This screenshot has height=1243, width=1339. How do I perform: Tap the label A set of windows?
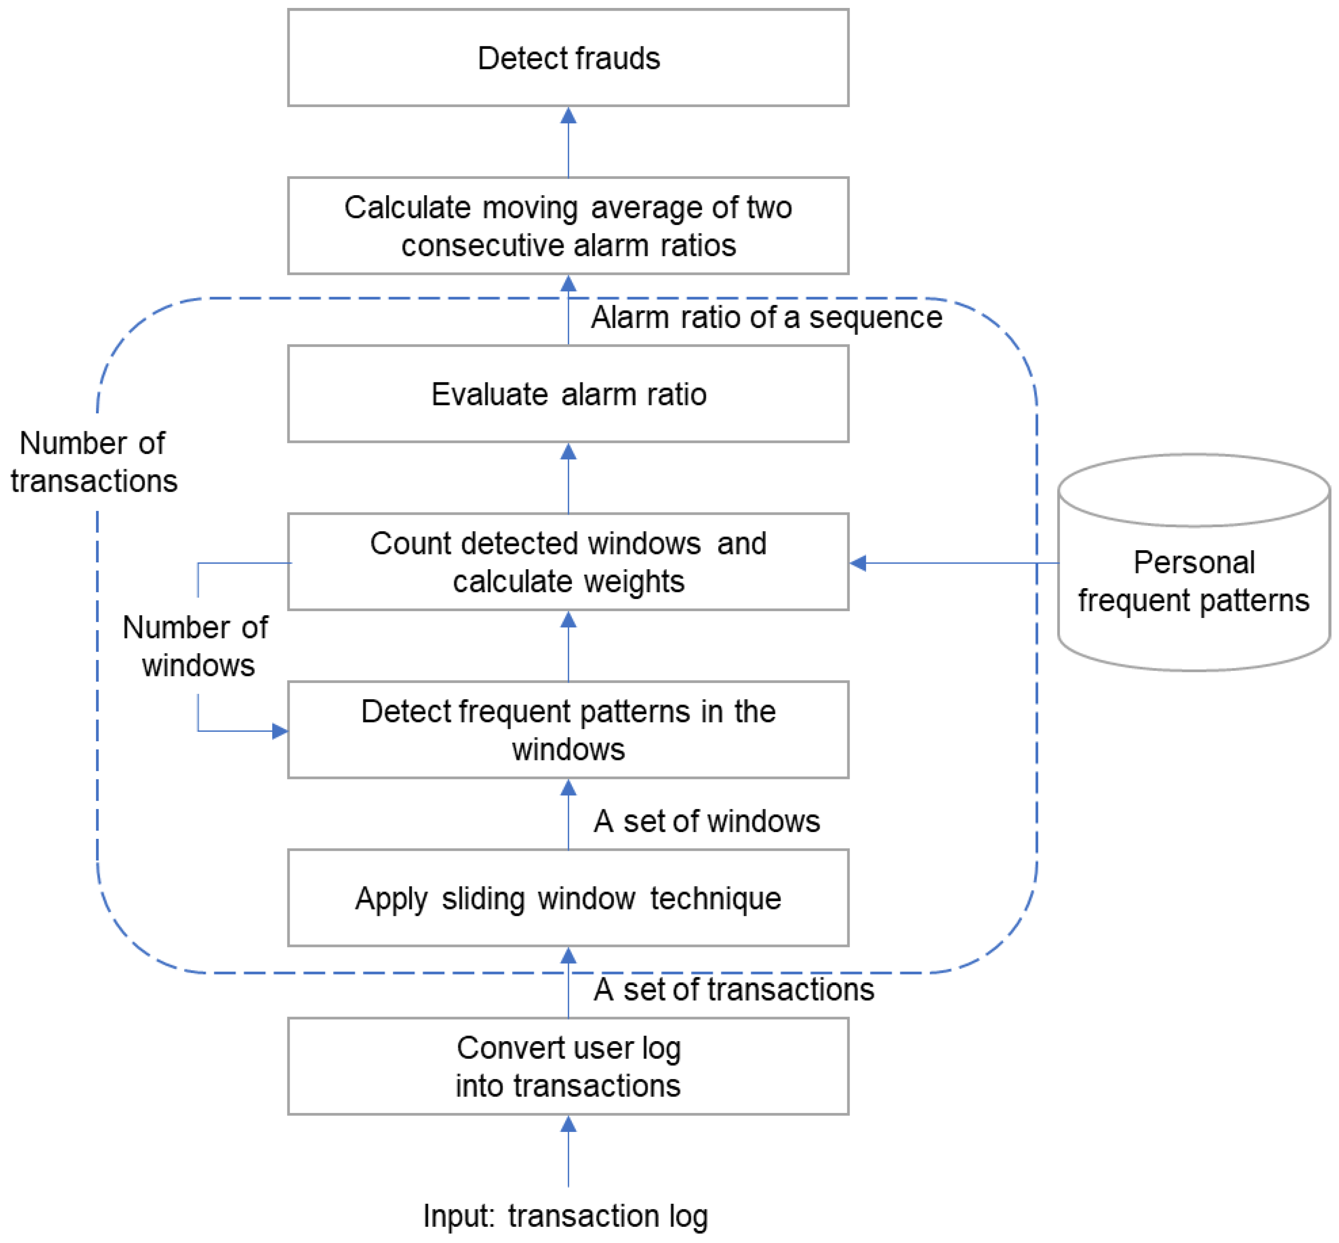pos(706,821)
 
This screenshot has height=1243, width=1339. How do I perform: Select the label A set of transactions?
pos(733,990)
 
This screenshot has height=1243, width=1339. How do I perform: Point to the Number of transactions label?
pos(94,462)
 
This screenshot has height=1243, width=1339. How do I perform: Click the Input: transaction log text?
pos(565,1216)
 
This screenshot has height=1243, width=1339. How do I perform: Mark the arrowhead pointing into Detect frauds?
pos(569,116)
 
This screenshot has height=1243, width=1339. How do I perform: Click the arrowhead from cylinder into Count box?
pos(858,563)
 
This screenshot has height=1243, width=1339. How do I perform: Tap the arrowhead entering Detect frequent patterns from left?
pos(279,731)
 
